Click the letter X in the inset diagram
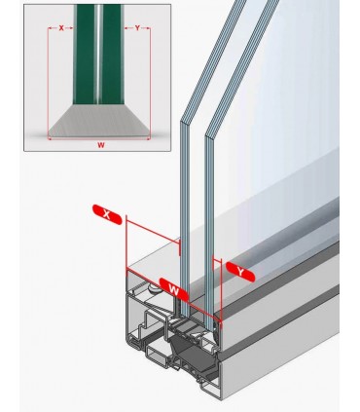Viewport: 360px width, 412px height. [61, 28]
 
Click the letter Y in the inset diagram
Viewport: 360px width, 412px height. [137, 28]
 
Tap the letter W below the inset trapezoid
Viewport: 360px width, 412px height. [101, 145]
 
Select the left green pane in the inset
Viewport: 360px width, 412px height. [85, 54]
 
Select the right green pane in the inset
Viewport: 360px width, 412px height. [112, 54]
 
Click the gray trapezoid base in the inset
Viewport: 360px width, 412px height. [98, 121]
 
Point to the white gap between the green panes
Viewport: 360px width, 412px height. [98, 54]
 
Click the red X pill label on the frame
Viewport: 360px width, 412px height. [107, 214]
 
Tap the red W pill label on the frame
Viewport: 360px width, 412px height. [174, 289]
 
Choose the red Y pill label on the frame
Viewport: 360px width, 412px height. [240, 272]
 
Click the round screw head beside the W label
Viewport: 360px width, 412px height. [153, 288]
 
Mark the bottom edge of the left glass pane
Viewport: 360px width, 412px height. [185, 316]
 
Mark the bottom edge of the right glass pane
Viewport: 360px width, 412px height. [210, 328]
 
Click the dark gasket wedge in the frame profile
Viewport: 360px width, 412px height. [192, 354]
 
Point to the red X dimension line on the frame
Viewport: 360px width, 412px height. [153, 231]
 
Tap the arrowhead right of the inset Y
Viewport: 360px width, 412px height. [149, 28]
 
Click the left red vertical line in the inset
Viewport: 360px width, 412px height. [48, 83]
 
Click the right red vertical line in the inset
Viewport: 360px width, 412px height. [150, 83]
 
